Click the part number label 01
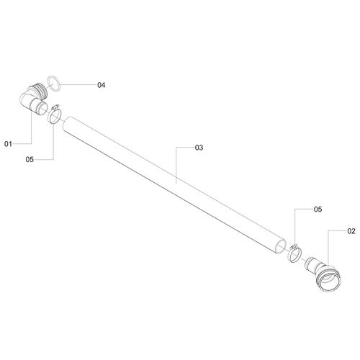coord(8,144)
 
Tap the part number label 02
coord(351,231)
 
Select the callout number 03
coord(199,148)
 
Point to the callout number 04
coord(101,85)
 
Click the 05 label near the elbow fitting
coord(30,160)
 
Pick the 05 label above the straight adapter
coord(318,210)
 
